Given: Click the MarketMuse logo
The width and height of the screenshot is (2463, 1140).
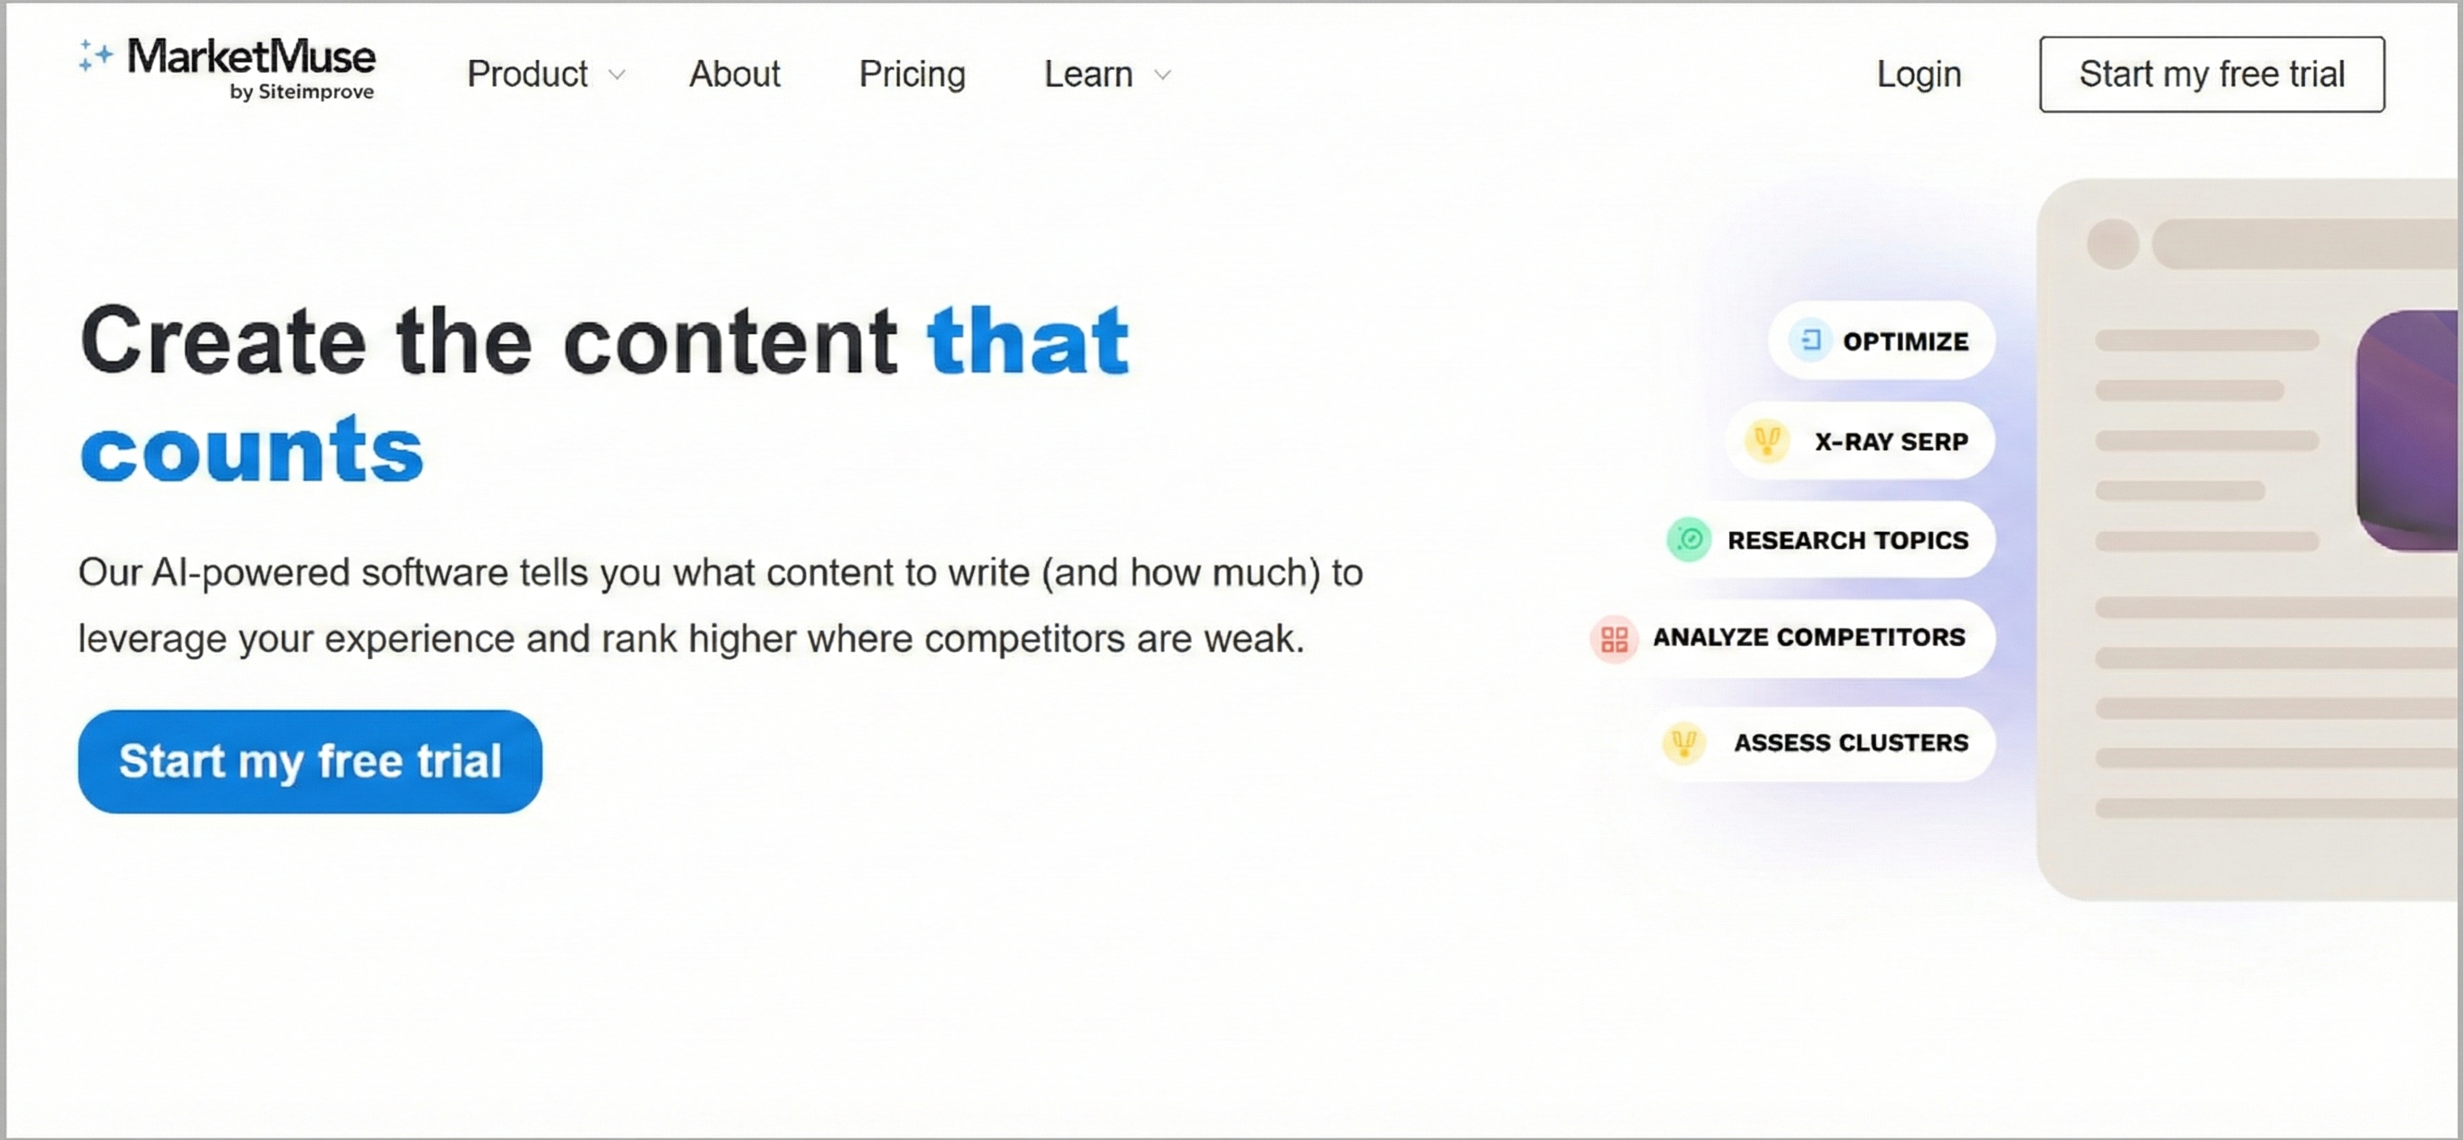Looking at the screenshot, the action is (x=228, y=67).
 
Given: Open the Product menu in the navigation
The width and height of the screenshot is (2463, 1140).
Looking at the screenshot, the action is (x=545, y=74).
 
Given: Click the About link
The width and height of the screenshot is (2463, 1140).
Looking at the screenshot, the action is (x=734, y=74).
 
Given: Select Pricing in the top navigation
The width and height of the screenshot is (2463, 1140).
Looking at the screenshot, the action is (x=912, y=74).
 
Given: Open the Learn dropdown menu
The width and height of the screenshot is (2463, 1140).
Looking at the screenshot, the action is (x=1106, y=74).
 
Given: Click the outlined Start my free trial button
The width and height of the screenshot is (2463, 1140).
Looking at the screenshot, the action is (x=2212, y=74).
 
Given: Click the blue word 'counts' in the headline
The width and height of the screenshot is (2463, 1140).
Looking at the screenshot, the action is (x=251, y=449).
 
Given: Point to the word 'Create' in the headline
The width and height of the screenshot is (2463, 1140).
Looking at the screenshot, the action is (x=223, y=340).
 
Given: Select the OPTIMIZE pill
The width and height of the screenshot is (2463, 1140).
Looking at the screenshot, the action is (x=1880, y=341).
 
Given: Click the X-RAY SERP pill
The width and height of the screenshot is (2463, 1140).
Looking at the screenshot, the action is (x=1859, y=441).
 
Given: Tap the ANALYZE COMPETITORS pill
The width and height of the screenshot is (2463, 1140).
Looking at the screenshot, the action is (x=1790, y=637).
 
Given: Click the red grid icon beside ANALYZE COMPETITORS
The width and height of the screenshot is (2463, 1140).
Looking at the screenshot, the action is (x=1614, y=638).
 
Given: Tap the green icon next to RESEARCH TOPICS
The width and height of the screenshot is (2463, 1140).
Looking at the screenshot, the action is (x=1689, y=540).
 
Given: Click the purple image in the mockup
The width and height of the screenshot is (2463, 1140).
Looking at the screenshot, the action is (x=2409, y=430).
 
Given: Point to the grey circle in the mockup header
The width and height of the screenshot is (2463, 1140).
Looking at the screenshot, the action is (x=2113, y=244).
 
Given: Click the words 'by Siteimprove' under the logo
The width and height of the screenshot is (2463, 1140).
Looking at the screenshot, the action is (x=301, y=91).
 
